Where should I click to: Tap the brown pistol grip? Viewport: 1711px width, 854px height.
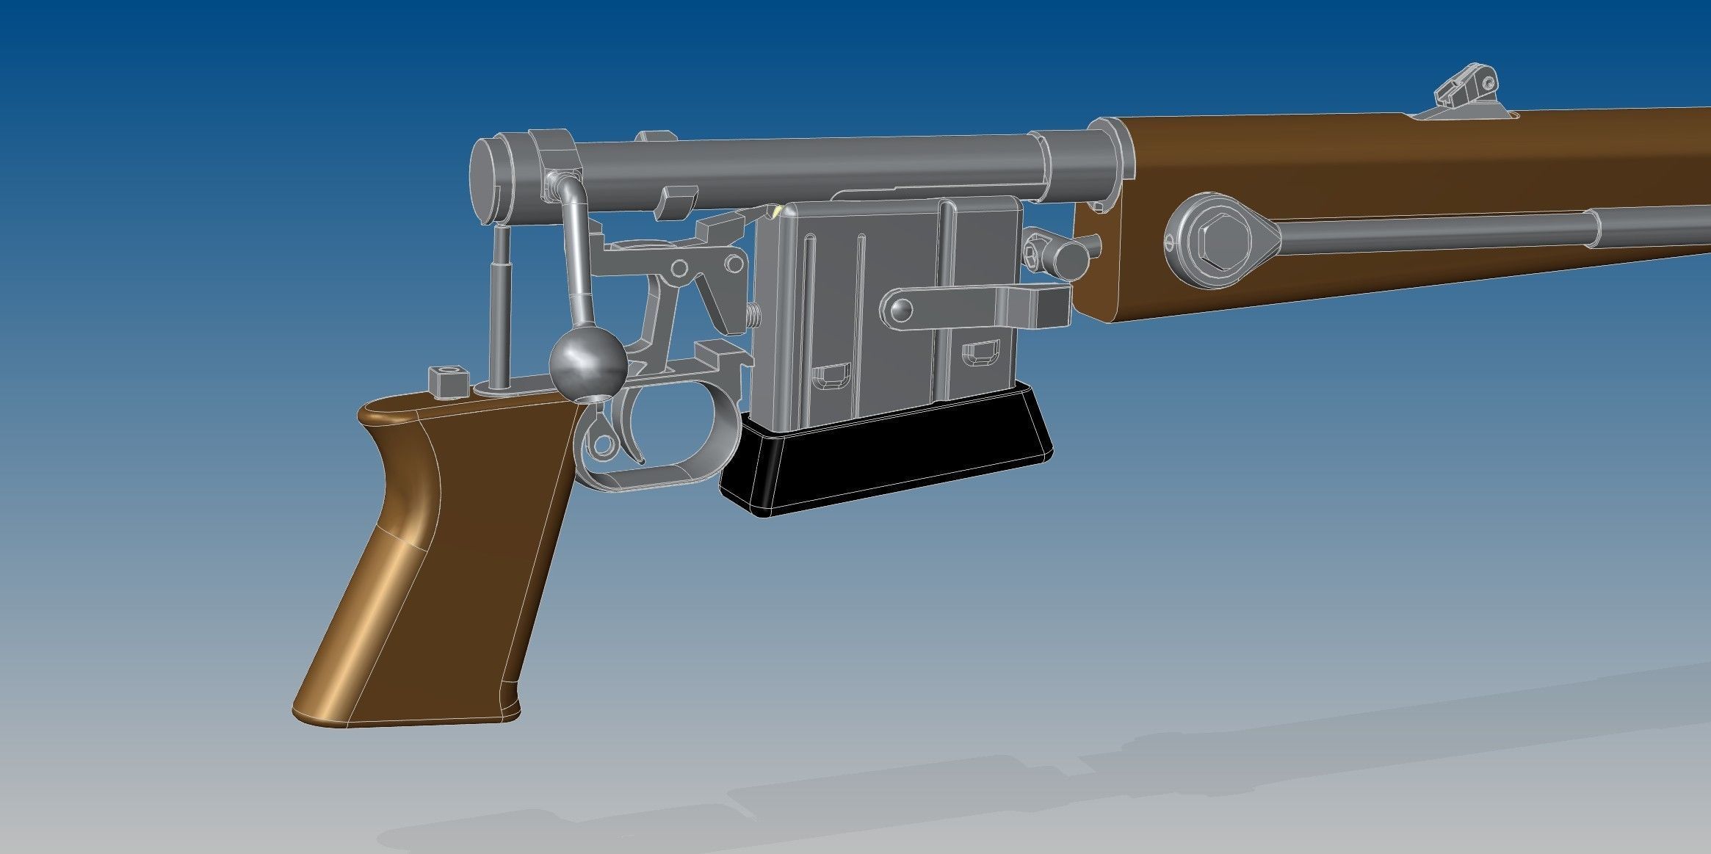[441, 558]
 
